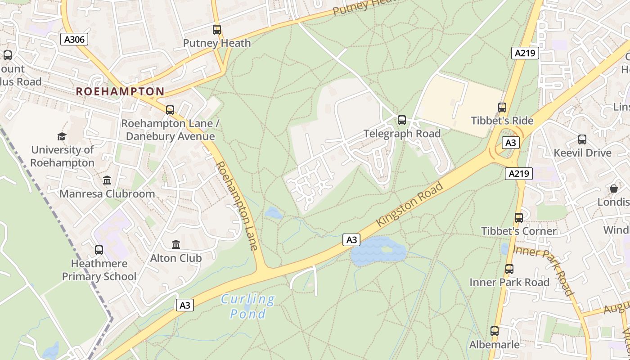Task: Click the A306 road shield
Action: [x=74, y=40]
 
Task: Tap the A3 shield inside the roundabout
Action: [x=510, y=143]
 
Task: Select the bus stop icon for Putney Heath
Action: [x=217, y=30]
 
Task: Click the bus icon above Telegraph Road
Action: [x=402, y=120]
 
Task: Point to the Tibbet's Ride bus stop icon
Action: [x=502, y=108]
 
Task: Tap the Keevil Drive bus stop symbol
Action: [x=582, y=139]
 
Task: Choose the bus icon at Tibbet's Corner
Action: [x=519, y=218]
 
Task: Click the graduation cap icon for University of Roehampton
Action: [x=62, y=136]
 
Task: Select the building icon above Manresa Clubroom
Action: [x=107, y=180]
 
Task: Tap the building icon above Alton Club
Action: [x=176, y=245]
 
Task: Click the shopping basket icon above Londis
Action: [x=614, y=189]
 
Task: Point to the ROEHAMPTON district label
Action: [x=120, y=91]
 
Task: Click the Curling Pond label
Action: [x=247, y=306]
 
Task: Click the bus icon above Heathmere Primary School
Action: [x=99, y=250]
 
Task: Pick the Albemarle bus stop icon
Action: [x=495, y=331]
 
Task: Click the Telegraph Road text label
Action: [x=402, y=134]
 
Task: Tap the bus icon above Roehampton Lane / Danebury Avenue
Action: [x=170, y=110]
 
